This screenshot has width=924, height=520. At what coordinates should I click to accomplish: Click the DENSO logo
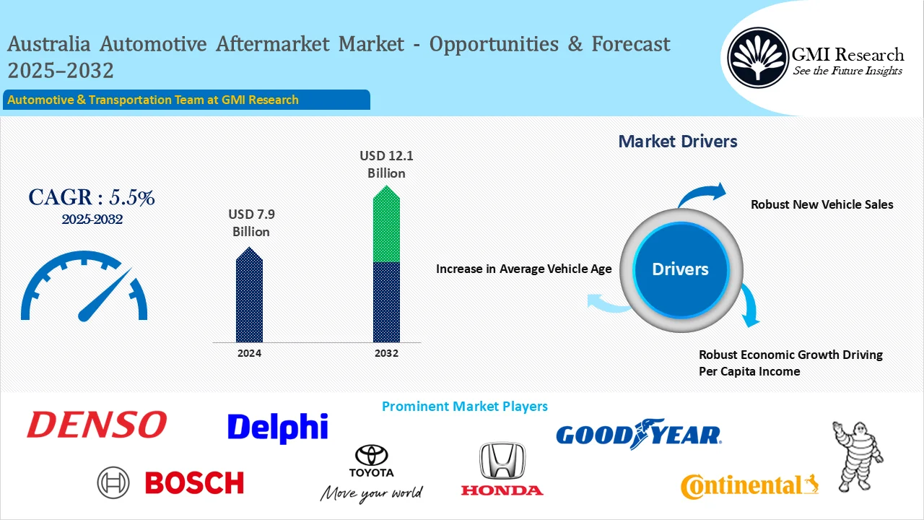[x=97, y=425]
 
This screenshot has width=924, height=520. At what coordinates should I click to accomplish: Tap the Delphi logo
[x=277, y=428]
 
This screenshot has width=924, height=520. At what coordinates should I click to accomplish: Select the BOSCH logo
[x=171, y=482]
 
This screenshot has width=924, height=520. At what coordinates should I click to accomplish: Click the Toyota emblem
[x=371, y=456]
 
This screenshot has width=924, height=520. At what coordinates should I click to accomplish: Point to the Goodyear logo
[x=638, y=433]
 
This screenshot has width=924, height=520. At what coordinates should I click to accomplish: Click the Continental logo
[x=749, y=486]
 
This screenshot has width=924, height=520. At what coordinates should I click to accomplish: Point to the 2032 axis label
[x=386, y=353]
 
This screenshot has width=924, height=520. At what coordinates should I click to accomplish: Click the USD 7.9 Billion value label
[x=250, y=223]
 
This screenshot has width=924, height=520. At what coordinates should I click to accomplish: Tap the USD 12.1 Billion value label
[x=386, y=164]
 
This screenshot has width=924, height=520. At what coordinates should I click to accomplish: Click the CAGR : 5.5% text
[x=91, y=198]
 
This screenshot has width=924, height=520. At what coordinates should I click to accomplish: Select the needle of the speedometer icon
[x=105, y=295]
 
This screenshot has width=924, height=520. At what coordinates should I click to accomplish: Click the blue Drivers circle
[x=680, y=269]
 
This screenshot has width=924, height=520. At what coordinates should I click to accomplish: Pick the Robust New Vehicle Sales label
[x=821, y=204]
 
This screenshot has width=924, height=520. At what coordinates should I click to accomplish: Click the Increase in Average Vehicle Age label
[x=523, y=269]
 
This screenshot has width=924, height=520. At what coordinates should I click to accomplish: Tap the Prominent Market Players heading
[x=464, y=407]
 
